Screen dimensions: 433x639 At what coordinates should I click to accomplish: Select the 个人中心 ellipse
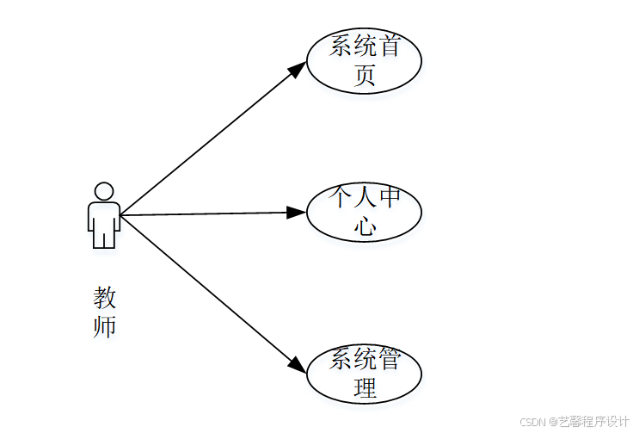364,212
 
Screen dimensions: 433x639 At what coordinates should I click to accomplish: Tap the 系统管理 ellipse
364,373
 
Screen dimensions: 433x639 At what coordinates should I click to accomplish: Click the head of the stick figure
104,191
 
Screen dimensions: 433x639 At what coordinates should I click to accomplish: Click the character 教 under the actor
104,299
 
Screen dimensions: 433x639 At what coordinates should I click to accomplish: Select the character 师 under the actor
104,326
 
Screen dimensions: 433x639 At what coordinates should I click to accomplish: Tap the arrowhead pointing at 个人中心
298,212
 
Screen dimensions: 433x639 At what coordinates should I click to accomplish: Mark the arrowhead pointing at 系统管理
297,365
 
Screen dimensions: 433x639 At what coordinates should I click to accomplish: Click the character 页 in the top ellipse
366,76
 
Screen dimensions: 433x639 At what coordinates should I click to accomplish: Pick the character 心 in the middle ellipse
366,226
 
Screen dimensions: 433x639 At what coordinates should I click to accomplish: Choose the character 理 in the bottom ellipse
366,388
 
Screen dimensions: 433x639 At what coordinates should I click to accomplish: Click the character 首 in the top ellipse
390,46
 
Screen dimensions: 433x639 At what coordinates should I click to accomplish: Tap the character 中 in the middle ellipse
390,198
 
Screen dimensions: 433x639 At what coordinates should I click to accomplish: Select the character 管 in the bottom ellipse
390,359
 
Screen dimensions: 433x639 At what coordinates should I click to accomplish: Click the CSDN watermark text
534,422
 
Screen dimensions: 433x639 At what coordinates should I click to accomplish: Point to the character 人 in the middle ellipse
366,198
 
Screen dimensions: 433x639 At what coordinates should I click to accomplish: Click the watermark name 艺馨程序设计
594,422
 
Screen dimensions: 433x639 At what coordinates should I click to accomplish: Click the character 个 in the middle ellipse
341,198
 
